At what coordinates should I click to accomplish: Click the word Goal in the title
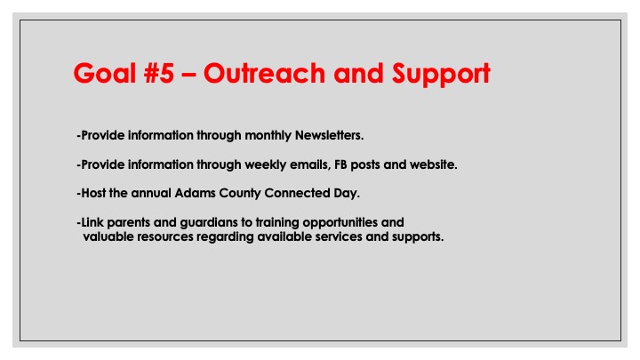coord(104,73)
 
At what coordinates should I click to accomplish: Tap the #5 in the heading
coord(159,73)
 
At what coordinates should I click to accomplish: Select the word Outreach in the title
coord(264,73)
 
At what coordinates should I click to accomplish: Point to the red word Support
coord(441,75)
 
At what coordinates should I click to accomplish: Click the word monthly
coord(268,135)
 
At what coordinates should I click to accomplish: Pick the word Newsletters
coord(329,135)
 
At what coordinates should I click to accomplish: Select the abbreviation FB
coord(340,164)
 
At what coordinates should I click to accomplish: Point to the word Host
coord(93,193)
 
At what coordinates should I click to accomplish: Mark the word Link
coord(92,222)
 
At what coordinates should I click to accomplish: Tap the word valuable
coord(108,236)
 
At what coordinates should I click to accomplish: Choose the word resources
coord(165,237)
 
